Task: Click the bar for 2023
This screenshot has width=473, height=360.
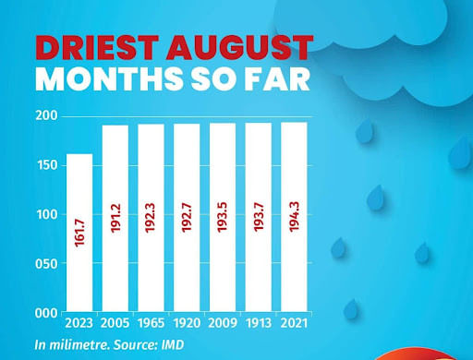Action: (79, 233)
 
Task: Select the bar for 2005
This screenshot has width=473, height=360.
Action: (115, 219)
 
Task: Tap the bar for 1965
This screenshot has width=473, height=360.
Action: (151, 219)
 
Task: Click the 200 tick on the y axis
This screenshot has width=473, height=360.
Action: (48, 115)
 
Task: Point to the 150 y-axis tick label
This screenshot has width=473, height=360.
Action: (48, 165)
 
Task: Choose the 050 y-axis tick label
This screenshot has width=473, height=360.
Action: (48, 264)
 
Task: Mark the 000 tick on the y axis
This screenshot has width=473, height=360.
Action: (48, 314)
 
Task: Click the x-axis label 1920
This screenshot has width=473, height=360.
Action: (187, 325)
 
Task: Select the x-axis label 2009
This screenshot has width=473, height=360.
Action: (223, 325)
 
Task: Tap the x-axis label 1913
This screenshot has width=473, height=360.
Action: (258, 325)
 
